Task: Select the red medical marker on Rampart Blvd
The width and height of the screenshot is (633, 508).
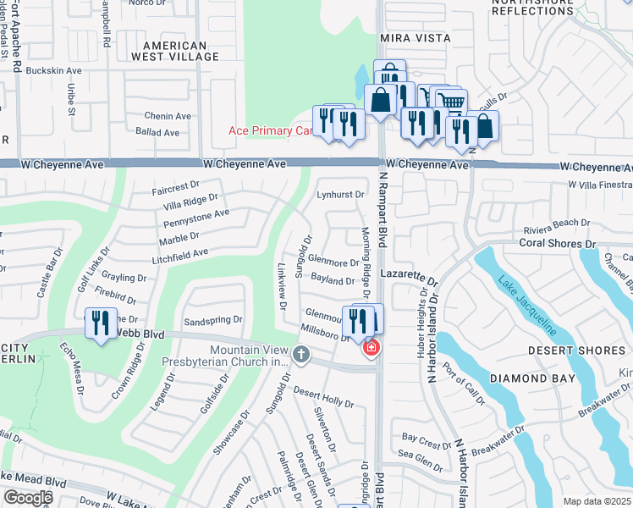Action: pos(371,348)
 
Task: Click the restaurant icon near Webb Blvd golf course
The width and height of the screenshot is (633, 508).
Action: pos(100,323)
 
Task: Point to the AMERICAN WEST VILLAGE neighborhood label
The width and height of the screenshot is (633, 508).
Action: pos(175,51)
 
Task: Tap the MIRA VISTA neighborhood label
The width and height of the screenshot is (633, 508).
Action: pos(416,39)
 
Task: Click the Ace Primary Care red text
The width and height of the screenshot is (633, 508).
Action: pos(271,130)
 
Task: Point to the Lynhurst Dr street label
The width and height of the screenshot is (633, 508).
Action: pos(341,194)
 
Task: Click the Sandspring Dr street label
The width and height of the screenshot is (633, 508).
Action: pos(213,322)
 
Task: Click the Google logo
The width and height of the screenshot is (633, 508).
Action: pos(27,498)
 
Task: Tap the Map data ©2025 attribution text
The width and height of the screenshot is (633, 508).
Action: pos(597,501)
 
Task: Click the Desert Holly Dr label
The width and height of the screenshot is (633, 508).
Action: pos(323,395)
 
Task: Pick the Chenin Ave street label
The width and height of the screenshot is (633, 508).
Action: pos(167,116)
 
